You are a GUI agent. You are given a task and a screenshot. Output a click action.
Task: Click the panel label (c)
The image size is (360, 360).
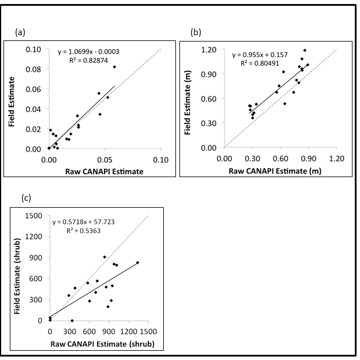click(x=26, y=198)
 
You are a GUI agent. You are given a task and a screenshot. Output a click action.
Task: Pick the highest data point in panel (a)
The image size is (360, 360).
click(x=114, y=67)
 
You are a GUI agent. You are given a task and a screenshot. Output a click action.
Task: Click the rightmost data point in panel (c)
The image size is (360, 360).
click(x=138, y=262)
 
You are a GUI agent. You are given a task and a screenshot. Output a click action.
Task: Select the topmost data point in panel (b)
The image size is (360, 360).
click(x=305, y=50)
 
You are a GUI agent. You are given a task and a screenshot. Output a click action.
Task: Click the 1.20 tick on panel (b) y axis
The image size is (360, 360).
click(x=208, y=50)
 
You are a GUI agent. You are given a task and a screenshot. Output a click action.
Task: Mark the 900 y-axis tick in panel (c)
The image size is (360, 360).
click(x=36, y=257)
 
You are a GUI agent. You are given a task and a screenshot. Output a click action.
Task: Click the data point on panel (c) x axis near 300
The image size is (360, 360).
click(x=72, y=320)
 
